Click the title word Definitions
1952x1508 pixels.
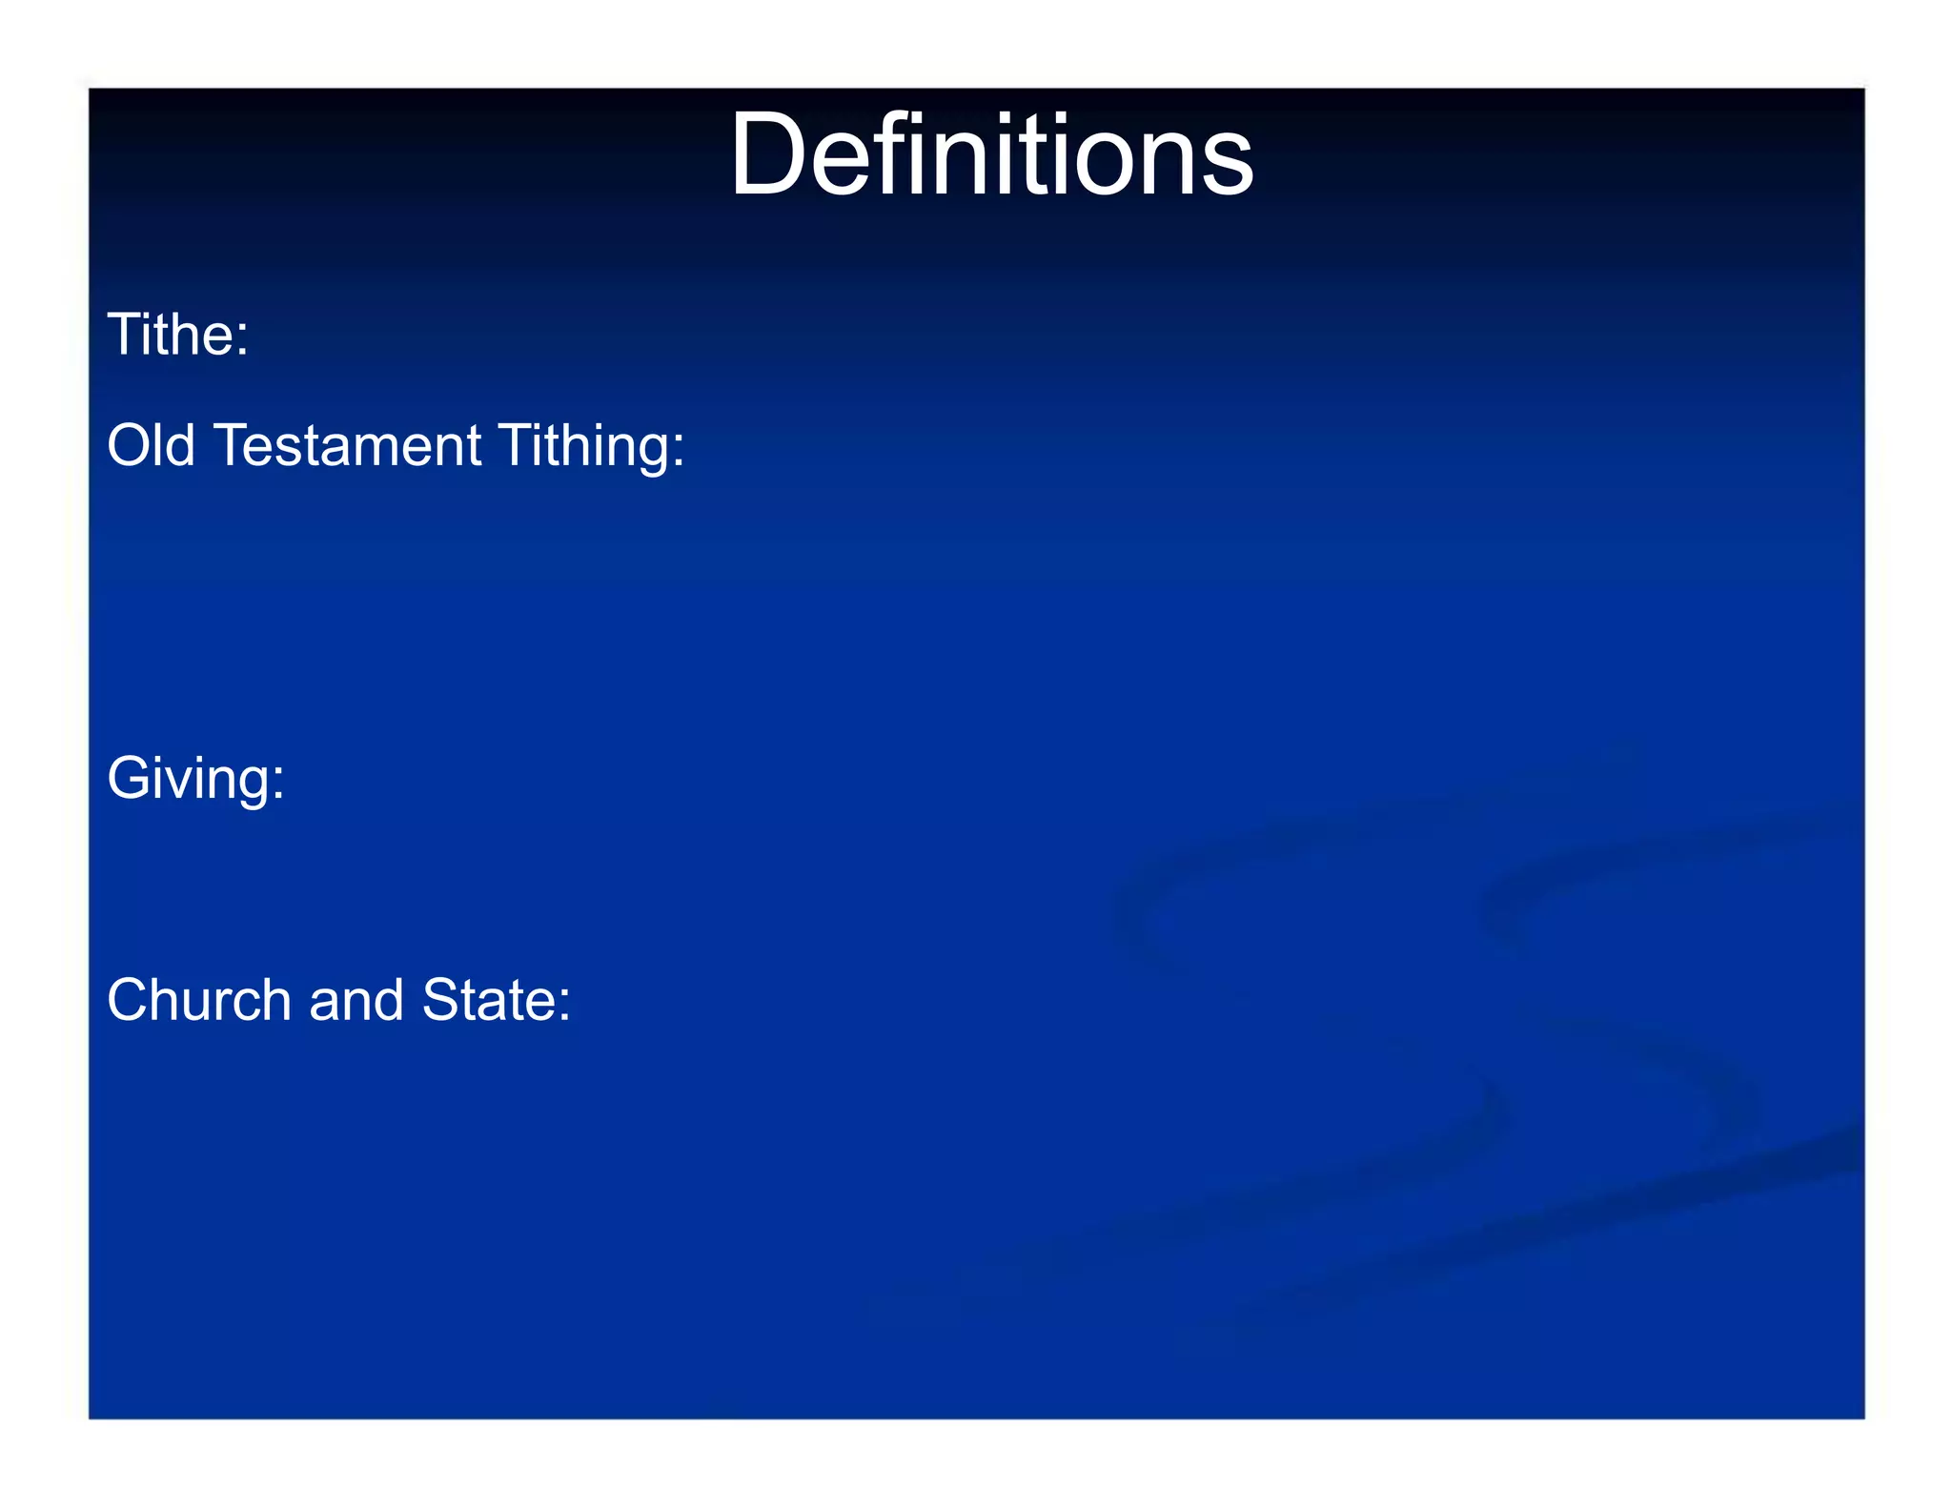(991, 155)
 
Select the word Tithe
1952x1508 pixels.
(171, 335)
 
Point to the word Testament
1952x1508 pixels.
(349, 445)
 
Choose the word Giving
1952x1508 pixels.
(188, 779)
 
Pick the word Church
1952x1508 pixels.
(198, 1000)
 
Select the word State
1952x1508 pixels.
(488, 1000)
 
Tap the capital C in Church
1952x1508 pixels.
(129, 1000)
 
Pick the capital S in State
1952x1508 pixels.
(439, 1000)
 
